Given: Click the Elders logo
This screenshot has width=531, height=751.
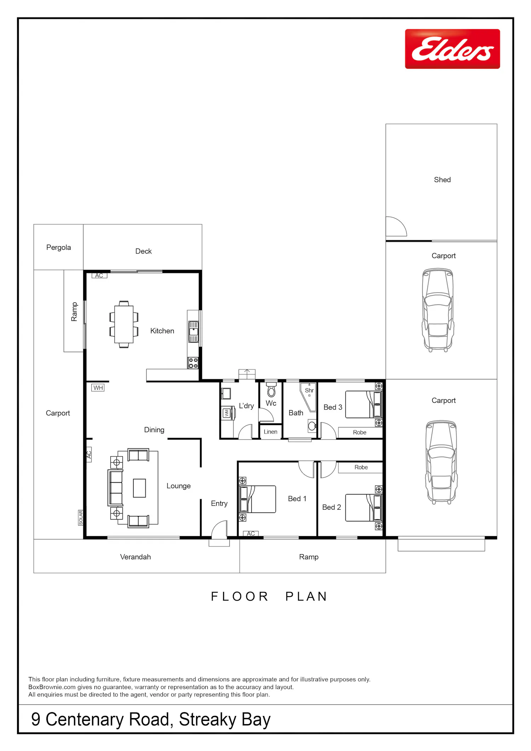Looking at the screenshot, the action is [452, 49].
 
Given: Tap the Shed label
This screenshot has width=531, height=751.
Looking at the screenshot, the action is [442, 180].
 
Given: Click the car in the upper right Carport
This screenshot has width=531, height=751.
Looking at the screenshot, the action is [438, 310].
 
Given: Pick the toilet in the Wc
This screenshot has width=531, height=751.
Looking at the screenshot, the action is [271, 390].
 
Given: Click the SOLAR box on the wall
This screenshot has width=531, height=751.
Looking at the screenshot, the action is [81, 517].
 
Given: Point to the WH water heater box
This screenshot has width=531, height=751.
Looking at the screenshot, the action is [98, 388].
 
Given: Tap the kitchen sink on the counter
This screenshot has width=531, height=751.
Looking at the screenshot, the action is [193, 332].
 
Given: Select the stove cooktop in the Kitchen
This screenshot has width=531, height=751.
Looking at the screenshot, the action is [193, 363].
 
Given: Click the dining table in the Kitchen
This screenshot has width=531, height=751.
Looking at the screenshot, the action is [124, 324].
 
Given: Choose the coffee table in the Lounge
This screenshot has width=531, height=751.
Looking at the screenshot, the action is [139, 488].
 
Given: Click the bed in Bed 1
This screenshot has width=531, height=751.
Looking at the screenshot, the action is [257, 499].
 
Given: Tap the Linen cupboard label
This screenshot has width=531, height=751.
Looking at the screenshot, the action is [270, 432].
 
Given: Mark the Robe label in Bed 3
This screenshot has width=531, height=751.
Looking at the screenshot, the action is [360, 432].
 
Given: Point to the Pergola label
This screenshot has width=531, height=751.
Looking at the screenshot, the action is [58, 247].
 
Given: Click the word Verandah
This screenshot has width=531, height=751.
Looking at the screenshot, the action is [136, 557].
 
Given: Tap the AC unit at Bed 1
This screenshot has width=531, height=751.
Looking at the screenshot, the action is [251, 533].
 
